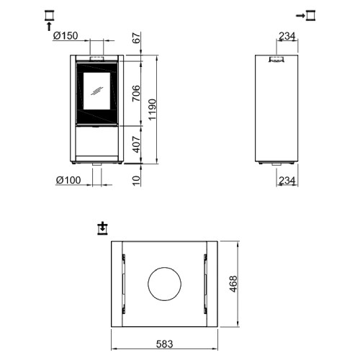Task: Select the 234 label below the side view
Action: pos(287,180)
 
